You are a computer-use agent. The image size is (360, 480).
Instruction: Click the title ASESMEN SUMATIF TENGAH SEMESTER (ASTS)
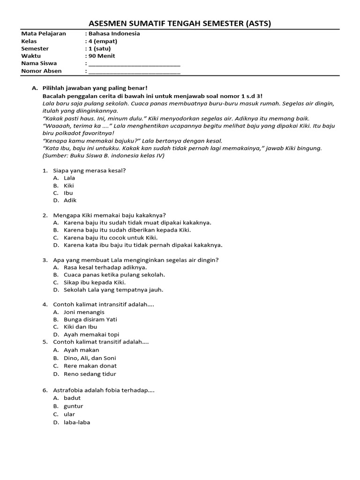180,24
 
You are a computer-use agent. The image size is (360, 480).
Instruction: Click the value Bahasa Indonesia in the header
114,34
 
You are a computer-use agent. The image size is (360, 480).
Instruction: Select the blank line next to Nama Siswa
134,64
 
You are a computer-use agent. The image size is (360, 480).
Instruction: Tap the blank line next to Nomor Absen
134,72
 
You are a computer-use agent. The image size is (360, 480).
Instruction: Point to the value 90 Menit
102,56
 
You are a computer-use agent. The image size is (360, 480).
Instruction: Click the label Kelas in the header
29,41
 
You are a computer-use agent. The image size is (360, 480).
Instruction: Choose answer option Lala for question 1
69,178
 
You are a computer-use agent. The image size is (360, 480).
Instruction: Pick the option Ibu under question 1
68,193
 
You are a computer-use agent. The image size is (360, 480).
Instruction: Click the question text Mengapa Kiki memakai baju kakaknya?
110,215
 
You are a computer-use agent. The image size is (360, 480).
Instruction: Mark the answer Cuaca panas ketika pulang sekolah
114,275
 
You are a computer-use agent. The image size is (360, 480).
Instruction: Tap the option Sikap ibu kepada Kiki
95,283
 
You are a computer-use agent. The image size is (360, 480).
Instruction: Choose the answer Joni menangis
84,312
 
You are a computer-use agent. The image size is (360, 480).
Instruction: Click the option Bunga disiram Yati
90,320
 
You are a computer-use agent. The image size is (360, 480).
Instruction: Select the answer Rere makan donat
90,366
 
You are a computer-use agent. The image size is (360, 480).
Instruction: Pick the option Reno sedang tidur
90,374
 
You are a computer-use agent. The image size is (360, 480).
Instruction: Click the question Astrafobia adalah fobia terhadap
104,390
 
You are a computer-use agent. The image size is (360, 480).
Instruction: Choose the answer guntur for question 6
73,406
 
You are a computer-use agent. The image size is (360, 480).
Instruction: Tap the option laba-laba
77,422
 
